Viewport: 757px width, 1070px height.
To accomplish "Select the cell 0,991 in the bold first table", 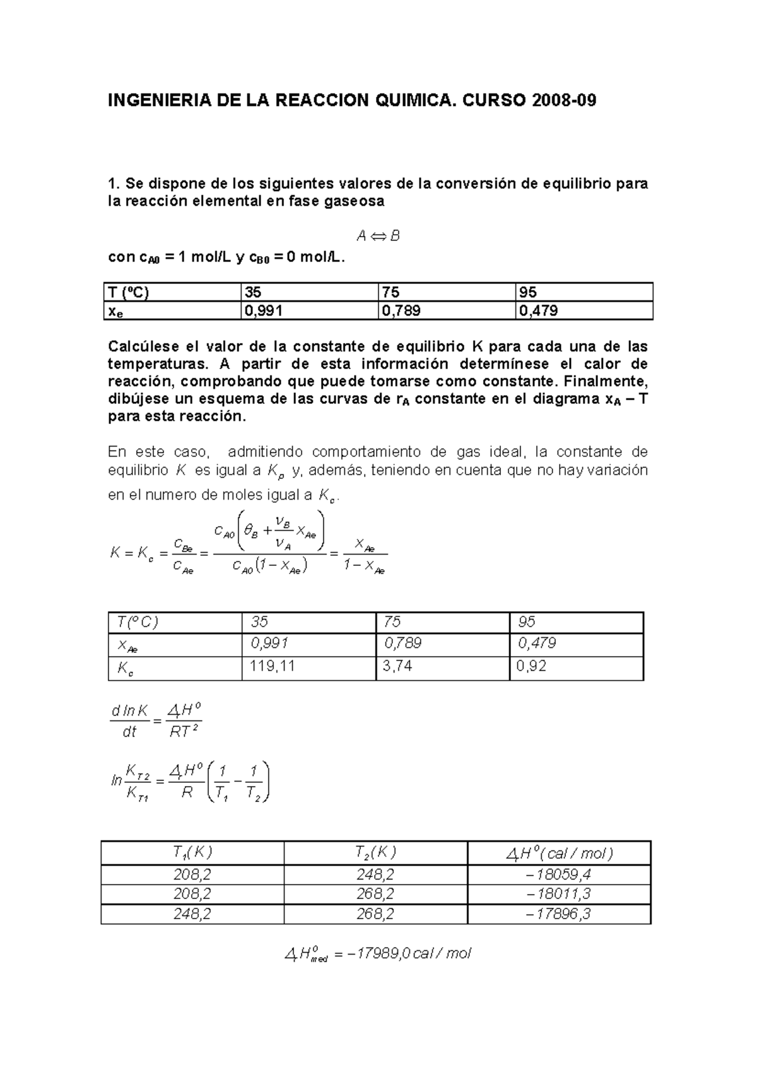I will click(x=264, y=310).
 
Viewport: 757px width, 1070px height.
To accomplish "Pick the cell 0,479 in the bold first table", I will click(x=538, y=310).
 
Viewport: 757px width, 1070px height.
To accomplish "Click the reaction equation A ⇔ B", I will click(x=378, y=236).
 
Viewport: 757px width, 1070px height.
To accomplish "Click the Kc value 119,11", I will click(x=273, y=666).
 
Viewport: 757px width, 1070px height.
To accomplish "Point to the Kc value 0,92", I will click(x=531, y=666).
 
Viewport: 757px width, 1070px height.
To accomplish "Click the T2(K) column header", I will click(x=375, y=853).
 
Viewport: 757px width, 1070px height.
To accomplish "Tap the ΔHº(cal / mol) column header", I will click(x=559, y=854).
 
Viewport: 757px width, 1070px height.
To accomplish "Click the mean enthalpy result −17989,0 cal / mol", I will click(x=378, y=953).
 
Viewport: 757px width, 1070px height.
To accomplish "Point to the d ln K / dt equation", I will click(x=155, y=720).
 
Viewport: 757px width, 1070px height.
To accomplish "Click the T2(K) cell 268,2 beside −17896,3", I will click(x=375, y=914).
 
